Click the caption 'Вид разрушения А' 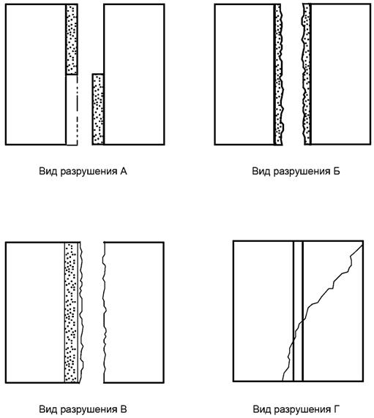(83, 171)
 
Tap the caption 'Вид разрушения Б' (296, 171)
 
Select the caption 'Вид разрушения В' (83, 408)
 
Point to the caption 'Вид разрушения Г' (296, 408)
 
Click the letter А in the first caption (124, 171)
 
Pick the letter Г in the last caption (337, 408)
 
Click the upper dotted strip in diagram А (72, 39)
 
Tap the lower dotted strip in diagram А (98, 110)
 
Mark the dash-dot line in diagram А (77, 110)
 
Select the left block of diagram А (36, 75)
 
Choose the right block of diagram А (134, 75)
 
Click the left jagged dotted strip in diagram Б (278, 75)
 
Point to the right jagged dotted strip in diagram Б (307, 75)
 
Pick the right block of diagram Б (341, 75)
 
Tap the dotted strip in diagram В (71, 313)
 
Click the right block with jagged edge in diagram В (134, 313)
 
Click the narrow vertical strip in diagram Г (298, 311)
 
